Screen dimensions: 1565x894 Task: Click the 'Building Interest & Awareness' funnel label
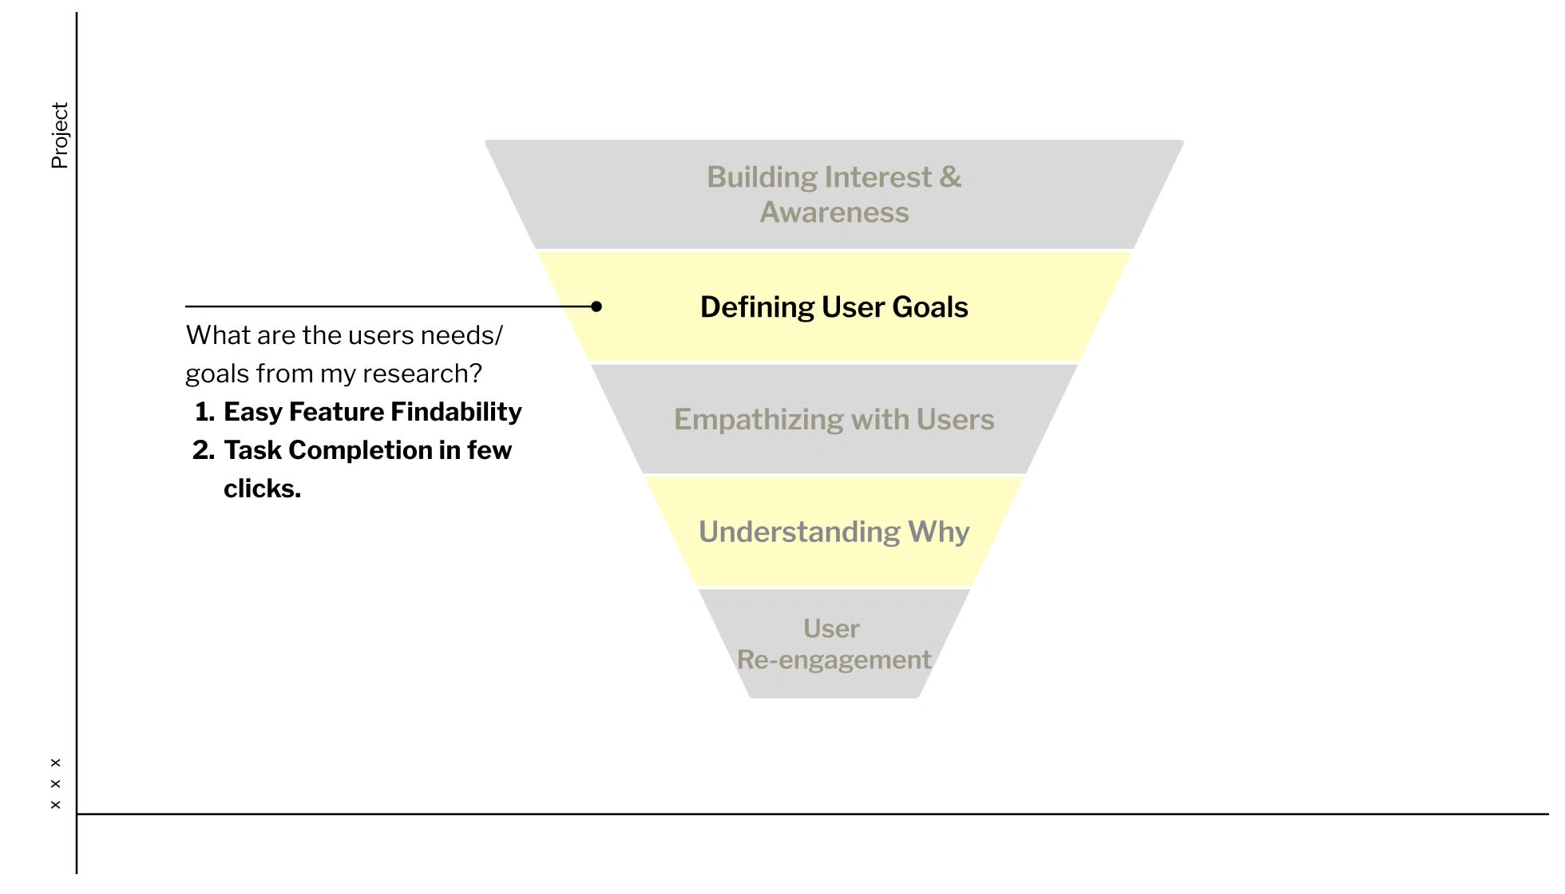(834, 195)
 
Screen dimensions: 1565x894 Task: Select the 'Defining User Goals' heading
(834, 307)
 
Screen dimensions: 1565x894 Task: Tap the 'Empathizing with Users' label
(834, 420)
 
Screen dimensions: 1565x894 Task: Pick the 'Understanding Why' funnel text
(834, 532)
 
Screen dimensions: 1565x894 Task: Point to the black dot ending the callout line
(596, 307)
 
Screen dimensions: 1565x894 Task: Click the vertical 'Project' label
(60, 136)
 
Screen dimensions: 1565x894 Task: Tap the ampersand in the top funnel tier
(951, 177)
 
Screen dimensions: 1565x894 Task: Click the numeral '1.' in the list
(204, 412)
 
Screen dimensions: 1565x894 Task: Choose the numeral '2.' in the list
(204, 450)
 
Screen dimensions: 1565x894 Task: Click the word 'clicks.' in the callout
(262, 489)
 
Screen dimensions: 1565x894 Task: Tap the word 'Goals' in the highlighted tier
(930, 307)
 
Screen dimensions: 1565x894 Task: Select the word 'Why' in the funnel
(939, 532)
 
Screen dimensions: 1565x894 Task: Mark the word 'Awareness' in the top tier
(834, 212)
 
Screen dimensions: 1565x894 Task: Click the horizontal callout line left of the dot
(390, 307)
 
